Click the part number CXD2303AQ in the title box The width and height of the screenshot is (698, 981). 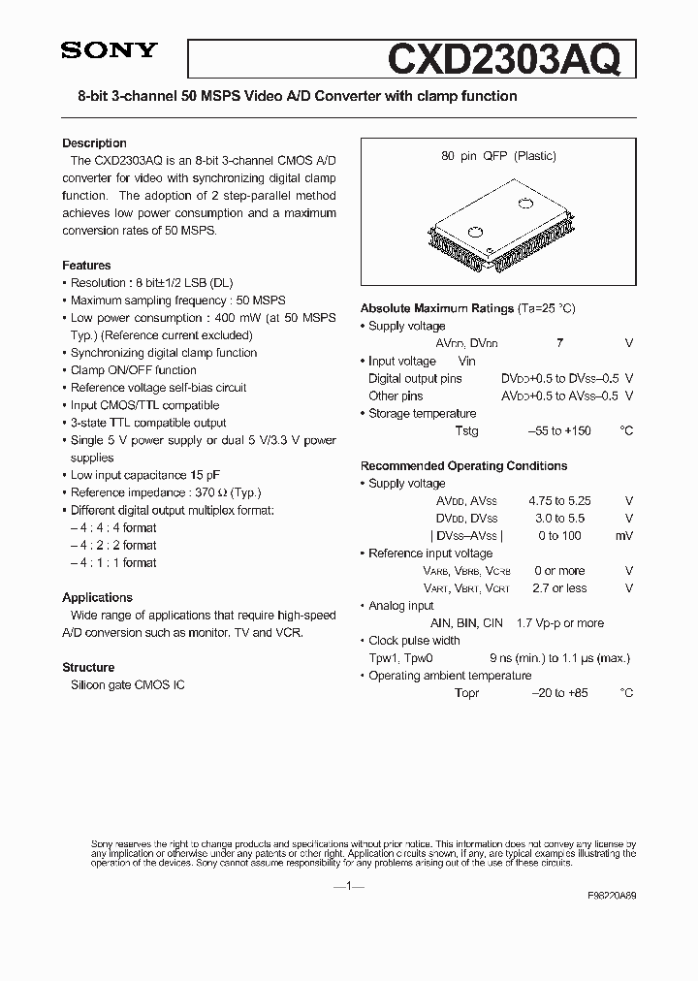(x=502, y=59)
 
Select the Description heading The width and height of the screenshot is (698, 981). (x=94, y=143)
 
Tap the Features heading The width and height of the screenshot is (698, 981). (x=86, y=266)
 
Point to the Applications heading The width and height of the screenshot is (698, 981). (x=97, y=598)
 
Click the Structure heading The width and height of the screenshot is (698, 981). (x=88, y=668)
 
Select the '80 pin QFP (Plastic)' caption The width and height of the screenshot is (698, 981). (x=498, y=156)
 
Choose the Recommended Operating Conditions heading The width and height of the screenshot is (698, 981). (x=463, y=466)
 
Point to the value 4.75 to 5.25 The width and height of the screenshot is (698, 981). (x=559, y=501)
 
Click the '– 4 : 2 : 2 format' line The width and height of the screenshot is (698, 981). (x=113, y=546)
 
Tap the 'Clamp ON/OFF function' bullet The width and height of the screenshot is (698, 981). (x=133, y=370)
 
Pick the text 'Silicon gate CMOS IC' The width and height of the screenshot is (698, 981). (x=128, y=685)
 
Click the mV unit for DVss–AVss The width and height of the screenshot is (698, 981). (x=624, y=536)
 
